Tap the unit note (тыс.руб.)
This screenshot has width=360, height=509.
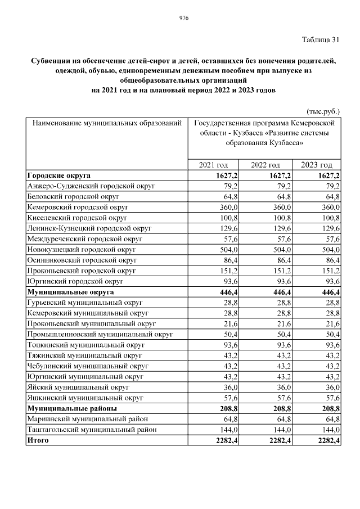(x=323, y=111)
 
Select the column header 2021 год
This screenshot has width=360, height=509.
(x=214, y=165)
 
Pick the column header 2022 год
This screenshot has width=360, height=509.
(x=265, y=165)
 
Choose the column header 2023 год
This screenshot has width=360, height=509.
(x=316, y=165)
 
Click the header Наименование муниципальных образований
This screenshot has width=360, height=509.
(x=107, y=122)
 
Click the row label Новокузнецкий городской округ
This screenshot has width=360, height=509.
(x=82, y=249)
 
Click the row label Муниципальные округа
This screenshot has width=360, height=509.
(x=70, y=292)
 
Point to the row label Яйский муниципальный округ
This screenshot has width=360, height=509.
(x=78, y=387)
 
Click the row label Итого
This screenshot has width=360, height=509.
(x=38, y=440)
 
